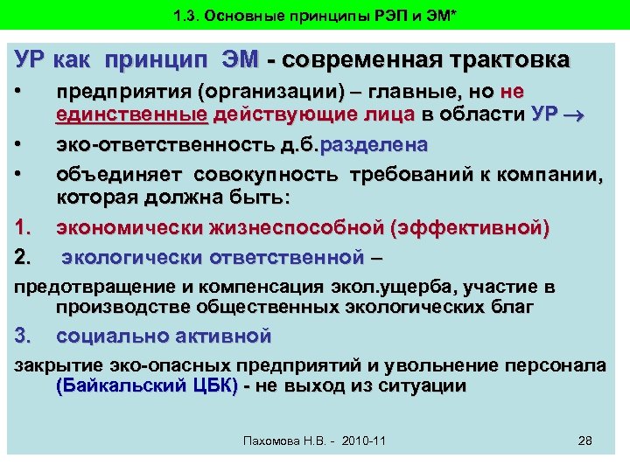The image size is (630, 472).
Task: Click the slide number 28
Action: pyautogui.click(x=585, y=440)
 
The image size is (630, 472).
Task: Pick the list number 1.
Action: pyautogui.click(x=24, y=230)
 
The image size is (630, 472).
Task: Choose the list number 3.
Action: pyautogui.click(x=24, y=336)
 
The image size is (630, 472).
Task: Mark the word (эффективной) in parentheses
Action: pyautogui.click(x=469, y=230)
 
